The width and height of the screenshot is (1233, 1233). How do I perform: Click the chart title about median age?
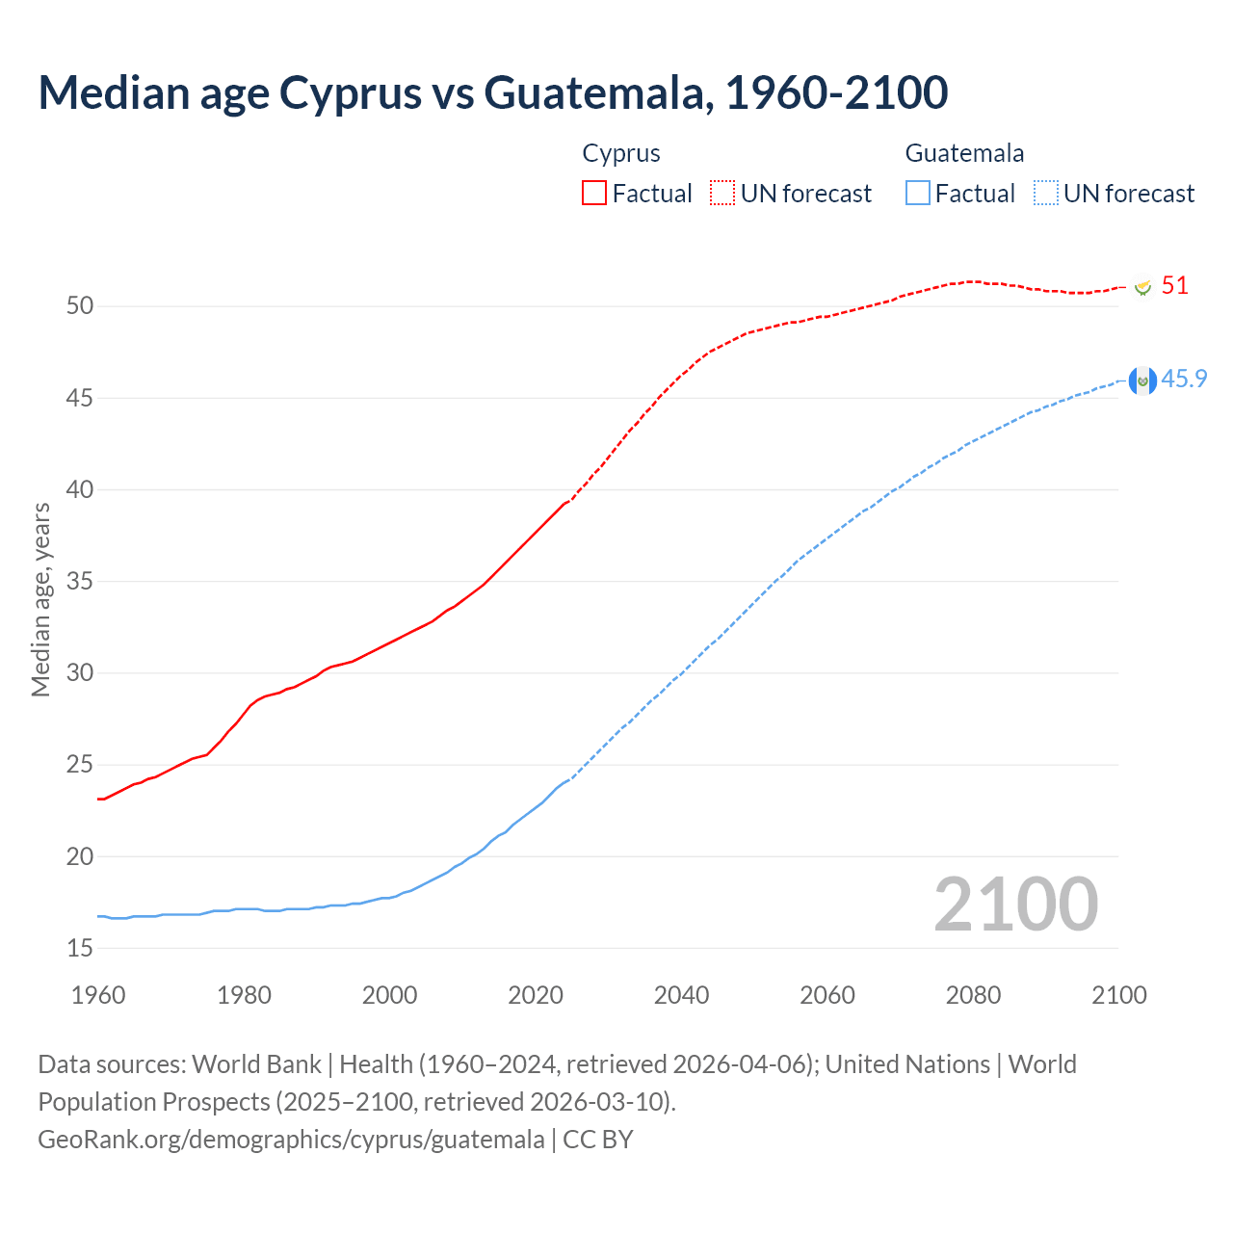[493, 93]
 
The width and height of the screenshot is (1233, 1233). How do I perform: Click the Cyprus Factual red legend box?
[594, 193]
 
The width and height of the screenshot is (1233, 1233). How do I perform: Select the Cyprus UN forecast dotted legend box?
[722, 193]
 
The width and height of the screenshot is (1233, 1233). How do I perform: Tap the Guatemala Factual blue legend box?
[918, 193]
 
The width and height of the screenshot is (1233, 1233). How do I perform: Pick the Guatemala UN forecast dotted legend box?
[1046, 193]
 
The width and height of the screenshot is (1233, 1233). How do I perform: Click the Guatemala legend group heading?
[964, 153]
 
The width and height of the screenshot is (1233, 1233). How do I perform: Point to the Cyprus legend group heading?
[621, 153]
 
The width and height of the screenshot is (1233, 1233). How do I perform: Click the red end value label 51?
[1174, 286]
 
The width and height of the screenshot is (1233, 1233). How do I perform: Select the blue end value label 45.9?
[1184, 379]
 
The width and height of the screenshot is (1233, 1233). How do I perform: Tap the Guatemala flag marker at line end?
[1142, 381]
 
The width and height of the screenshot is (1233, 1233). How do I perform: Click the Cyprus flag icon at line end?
[1142, 287]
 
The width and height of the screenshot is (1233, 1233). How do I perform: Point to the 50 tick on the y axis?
[80, 306]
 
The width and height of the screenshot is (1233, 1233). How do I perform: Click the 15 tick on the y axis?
[80, 948]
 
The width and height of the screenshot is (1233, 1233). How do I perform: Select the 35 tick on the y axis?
[80, 581]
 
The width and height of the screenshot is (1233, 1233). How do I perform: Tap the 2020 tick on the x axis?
[536, 995]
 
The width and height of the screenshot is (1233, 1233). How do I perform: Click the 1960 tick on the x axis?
[98, 995]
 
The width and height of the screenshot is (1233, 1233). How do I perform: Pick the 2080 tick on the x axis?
[973, 995]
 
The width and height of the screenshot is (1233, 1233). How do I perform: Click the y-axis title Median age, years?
[40, 599]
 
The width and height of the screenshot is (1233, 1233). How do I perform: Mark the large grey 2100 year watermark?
[1015, 904]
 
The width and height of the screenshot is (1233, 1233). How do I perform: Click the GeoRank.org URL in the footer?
[291, 1140]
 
